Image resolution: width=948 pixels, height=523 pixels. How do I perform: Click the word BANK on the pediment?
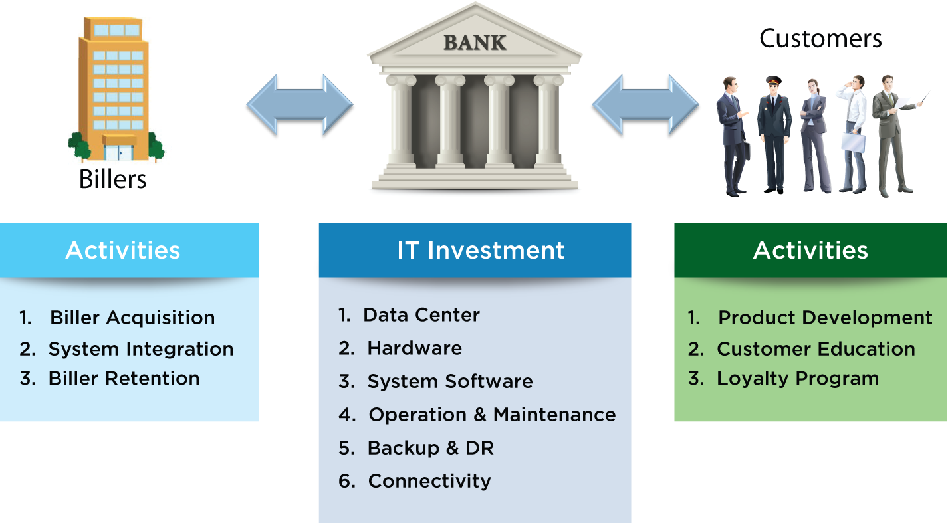[475, 43]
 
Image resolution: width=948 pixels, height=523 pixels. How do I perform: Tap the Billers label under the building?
[112, 179]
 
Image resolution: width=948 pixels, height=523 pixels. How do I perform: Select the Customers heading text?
[820, 39]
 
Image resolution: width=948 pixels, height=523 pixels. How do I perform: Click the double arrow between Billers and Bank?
[300, 104]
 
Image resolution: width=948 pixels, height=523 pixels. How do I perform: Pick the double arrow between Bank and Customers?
[646, 104]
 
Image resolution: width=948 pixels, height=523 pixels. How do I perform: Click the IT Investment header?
[481, 250]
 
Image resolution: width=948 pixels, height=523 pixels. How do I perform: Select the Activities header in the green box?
[810, 250]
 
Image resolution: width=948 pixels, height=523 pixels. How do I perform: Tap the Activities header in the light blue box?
[123, 250]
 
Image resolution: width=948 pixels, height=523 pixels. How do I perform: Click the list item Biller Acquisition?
[132, 318]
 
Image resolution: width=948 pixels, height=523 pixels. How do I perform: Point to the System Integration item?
[140, 350]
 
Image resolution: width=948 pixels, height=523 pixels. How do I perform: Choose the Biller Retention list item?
[124, 379]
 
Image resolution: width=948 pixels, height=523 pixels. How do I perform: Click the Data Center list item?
[421, 315]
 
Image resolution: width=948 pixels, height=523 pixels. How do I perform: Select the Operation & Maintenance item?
[492, 415]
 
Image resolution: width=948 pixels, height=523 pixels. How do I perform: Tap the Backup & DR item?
[430, 448]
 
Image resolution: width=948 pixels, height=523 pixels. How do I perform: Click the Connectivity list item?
[429, 481]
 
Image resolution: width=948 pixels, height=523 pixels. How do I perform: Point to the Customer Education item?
[816, 349]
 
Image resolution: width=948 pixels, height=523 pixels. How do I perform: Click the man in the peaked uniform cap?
[774, 134]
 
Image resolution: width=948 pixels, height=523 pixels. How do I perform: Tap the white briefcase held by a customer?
[853, 142]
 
